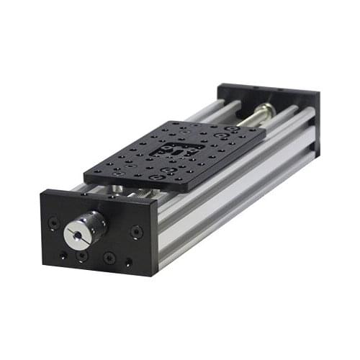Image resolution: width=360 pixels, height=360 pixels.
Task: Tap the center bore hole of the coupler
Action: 76,234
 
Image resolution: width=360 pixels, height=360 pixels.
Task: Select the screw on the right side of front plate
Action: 136,232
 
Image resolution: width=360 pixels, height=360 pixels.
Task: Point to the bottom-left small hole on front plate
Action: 63,255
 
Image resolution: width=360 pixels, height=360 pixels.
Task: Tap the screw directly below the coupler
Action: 83,255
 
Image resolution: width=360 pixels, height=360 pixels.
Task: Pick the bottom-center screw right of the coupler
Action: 109,257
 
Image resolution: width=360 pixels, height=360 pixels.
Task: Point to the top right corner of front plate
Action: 156,204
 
